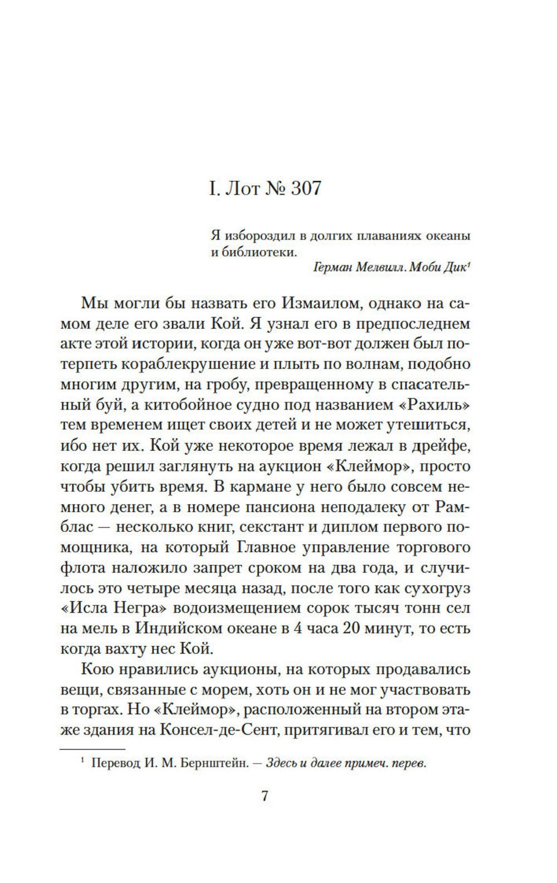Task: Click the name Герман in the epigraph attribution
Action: coord(333,266)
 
